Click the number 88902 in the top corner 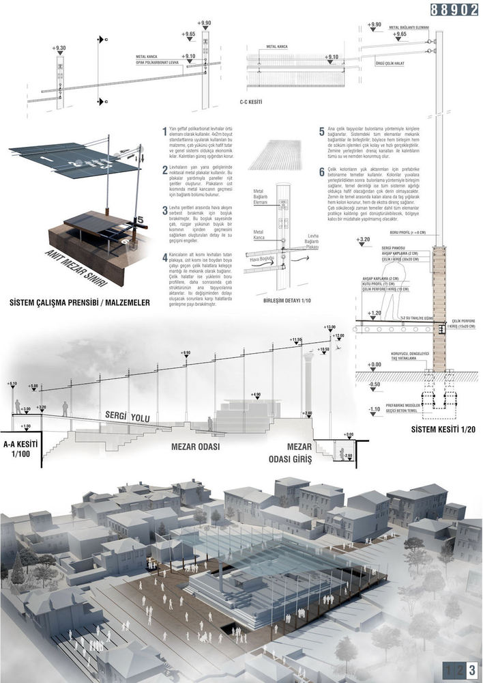point(454,10)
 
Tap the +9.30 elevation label point(59,48)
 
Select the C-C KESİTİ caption point(252,102)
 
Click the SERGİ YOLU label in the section point(127,415)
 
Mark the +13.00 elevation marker point(330,327)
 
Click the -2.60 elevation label point(347,456)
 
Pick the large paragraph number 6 point(321,173)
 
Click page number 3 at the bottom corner point(471,670)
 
